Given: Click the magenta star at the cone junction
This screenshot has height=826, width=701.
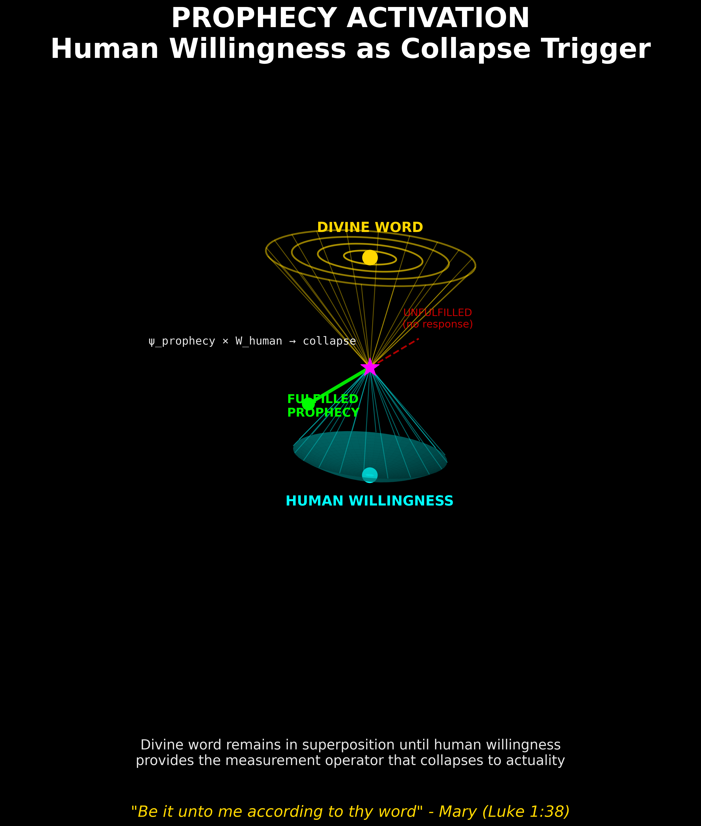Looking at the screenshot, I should (x=370, y=367).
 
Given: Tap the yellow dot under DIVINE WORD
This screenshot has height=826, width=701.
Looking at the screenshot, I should (x=370, y=257).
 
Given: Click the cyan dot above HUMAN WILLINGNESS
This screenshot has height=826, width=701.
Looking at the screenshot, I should (x=370, y=475).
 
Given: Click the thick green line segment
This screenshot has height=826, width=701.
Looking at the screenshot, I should (x=342, y=383).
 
